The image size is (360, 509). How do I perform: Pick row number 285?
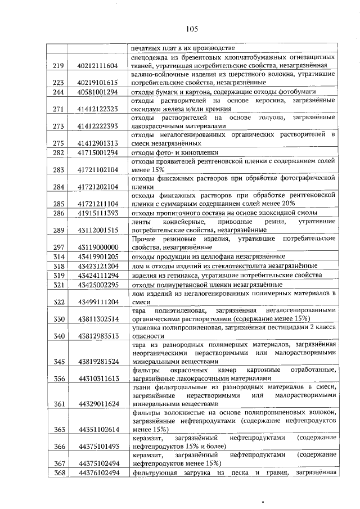[x=58, y=204]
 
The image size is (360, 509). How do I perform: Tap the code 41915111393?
[x=97, y=213]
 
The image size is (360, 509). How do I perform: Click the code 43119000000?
[x=97, y=247]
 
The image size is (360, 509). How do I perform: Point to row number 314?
[x=58, y=256]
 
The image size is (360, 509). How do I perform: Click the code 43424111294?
[x=97, y=276]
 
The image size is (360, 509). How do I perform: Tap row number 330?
[x=58, y=319]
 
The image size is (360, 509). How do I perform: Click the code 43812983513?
[x=97, y=336]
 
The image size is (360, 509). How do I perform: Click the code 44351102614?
[x=97, y=430]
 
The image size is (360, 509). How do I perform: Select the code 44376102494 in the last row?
[x=97, y=473]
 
